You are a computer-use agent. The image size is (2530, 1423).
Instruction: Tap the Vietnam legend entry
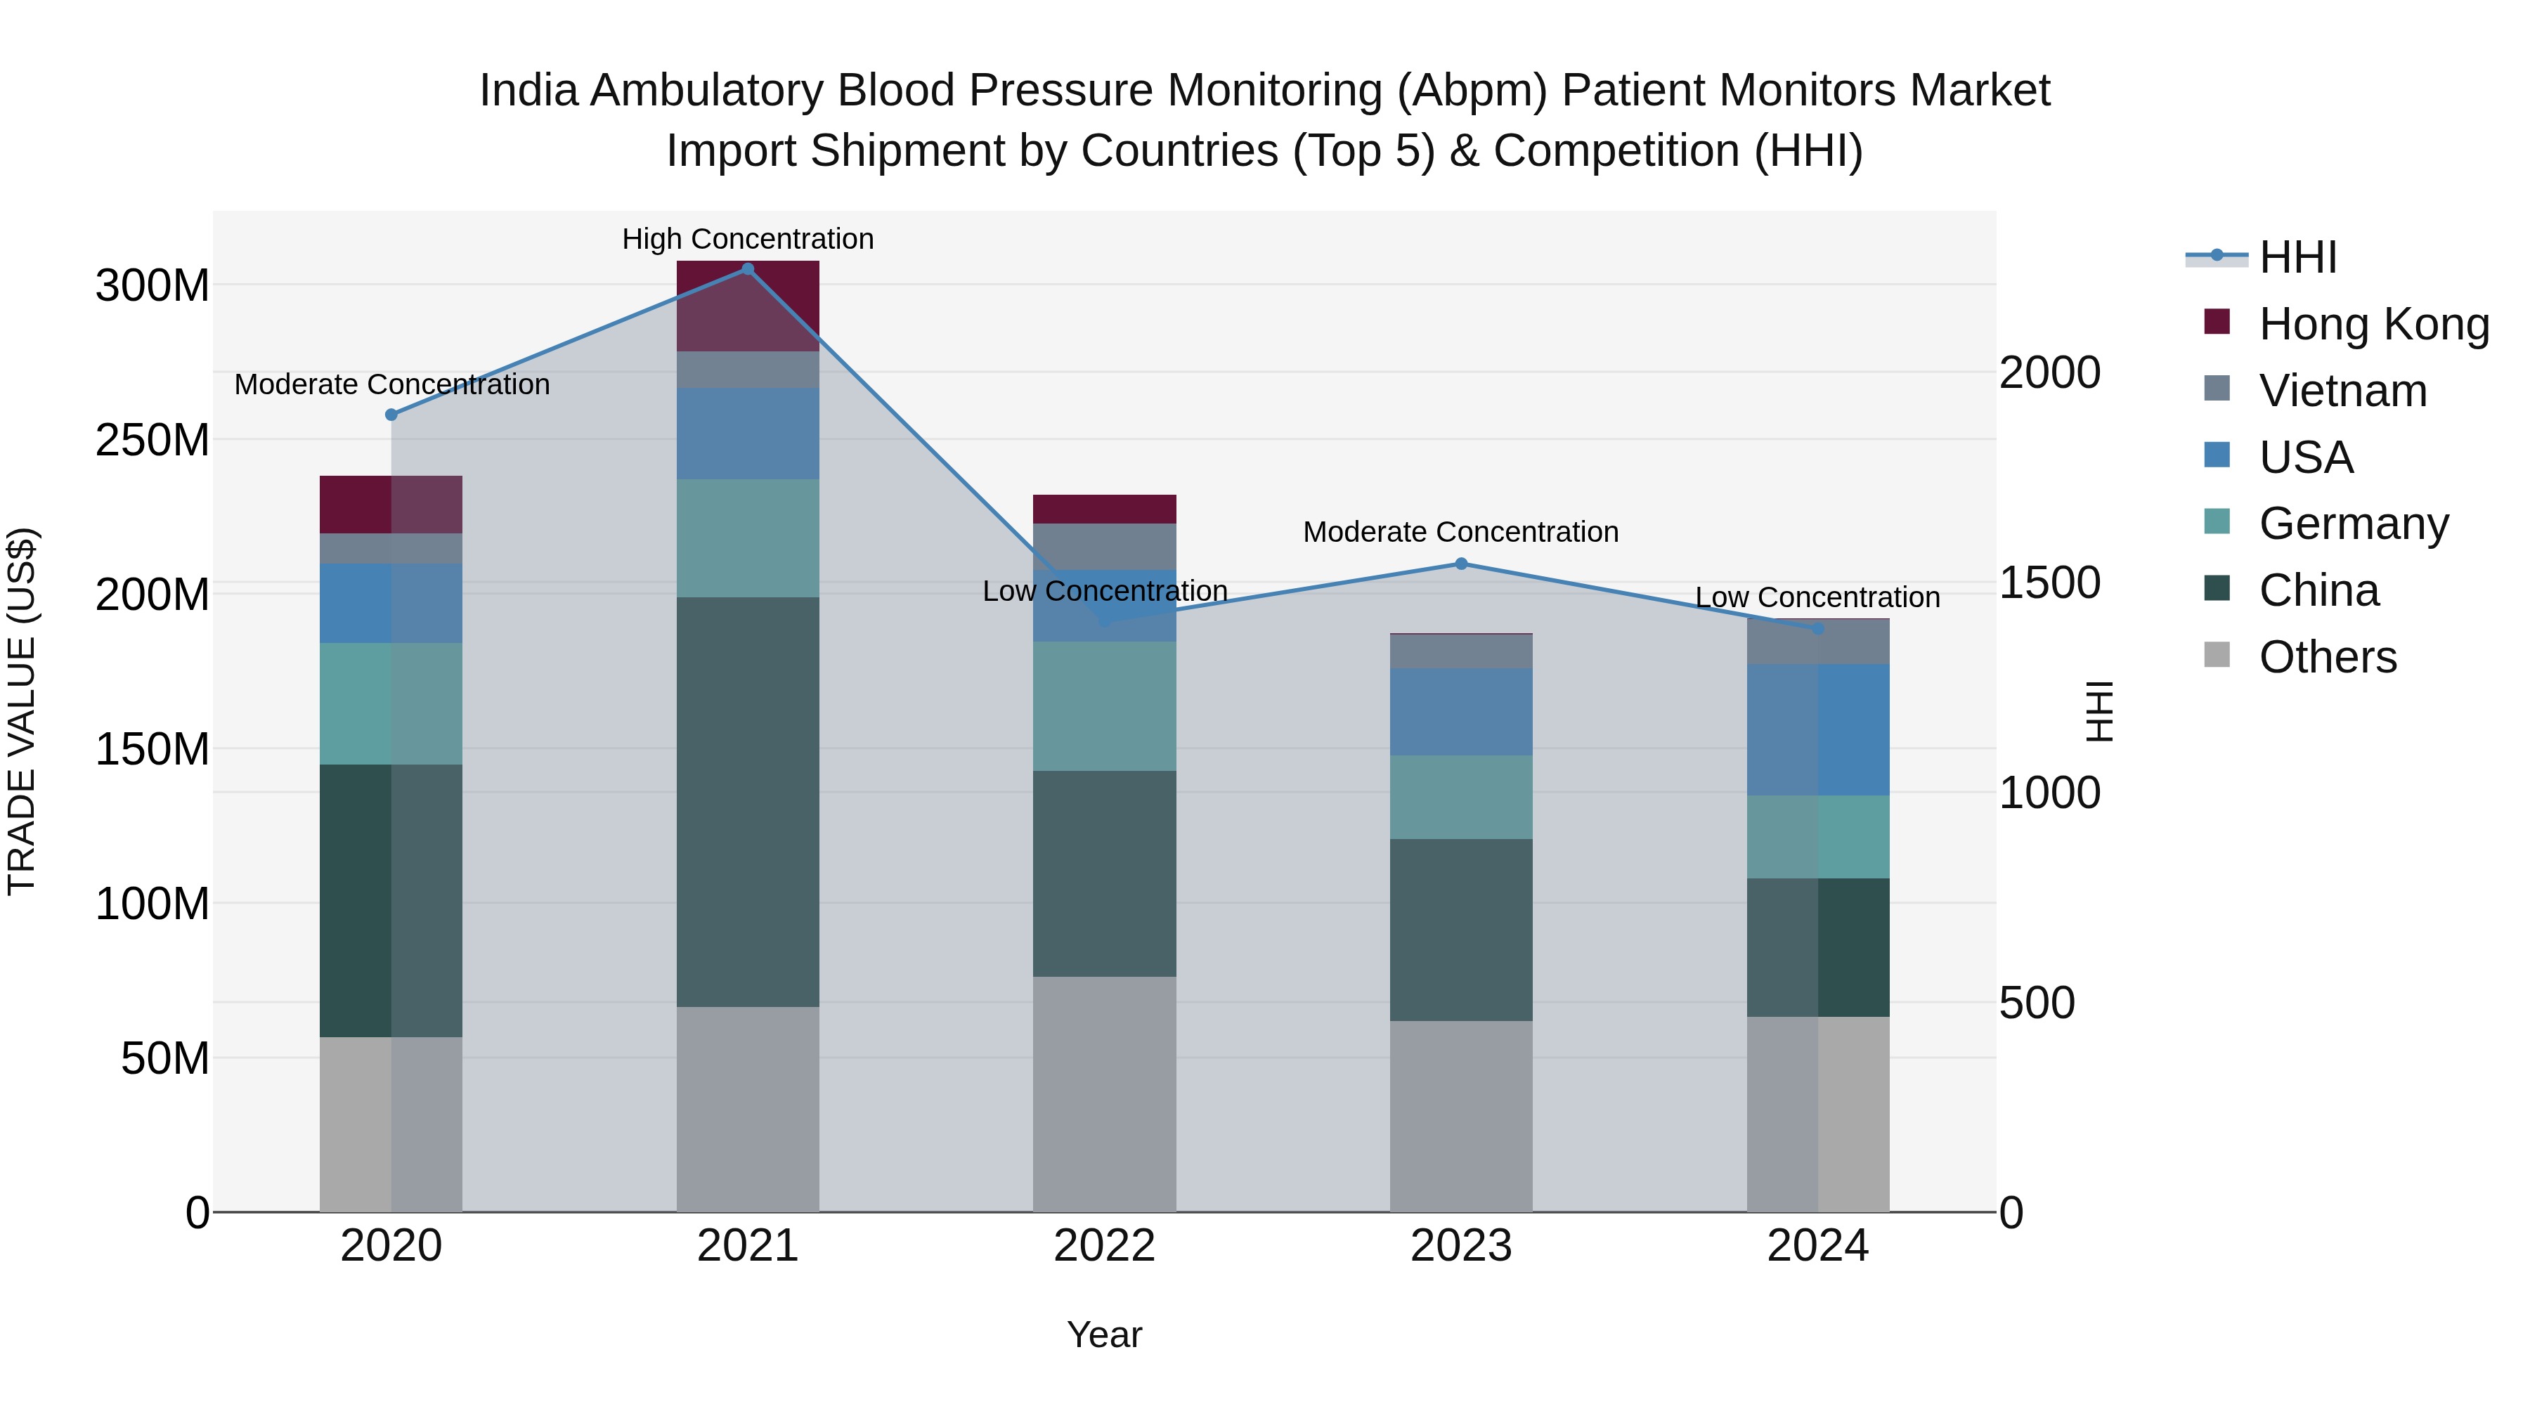tap(2342, 391)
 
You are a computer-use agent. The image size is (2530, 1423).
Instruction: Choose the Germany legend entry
tap(2353, 524)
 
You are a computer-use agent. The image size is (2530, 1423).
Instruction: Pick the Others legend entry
tap(2328, 657)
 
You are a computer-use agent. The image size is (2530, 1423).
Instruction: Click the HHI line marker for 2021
tap(748, 269)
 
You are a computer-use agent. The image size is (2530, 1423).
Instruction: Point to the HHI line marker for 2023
tap(1460, 564)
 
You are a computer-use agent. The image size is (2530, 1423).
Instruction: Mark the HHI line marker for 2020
tap(391, 415)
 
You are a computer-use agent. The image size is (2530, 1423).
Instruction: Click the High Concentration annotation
tap(748, 239)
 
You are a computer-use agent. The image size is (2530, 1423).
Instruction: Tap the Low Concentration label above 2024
tap(1817, 597)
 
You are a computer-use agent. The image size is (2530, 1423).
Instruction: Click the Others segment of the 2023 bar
tap(1460, 1116)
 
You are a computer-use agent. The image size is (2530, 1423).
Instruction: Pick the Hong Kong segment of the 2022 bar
tap(1104, 509)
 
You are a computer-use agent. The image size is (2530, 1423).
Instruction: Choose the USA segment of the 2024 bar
tap(1817, 729)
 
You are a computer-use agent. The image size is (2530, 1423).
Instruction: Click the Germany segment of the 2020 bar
tap(391, 703)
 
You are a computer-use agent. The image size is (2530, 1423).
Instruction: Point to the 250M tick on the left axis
tap(153, 440)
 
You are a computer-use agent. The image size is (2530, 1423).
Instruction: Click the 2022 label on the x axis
tap(1104, 1246)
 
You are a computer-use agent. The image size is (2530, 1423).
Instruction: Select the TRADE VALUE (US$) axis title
tap(22, 711)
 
